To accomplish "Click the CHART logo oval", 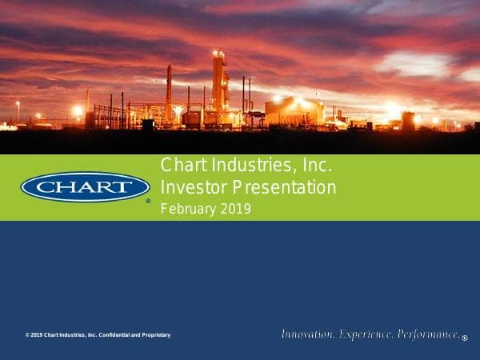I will (85, 187).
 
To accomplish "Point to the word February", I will (188, 210).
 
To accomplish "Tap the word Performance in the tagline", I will (428, 334).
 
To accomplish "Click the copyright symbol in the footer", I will (26, 334).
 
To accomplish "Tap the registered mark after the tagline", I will (464, 338).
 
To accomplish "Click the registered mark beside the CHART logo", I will (148, 201).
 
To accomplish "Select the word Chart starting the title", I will (178, 167).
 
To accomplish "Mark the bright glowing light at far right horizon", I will (392, 109).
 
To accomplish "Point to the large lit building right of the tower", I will (293, 111).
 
